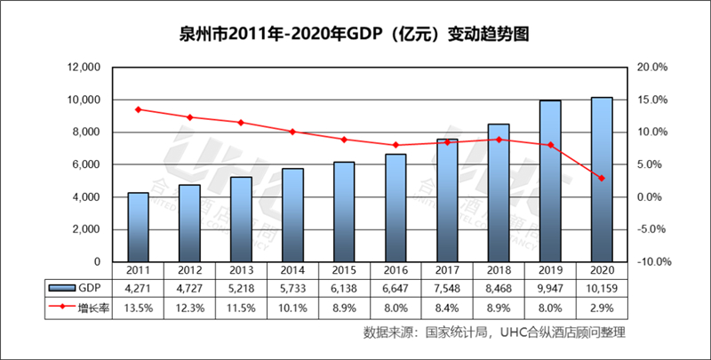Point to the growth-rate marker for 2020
pyautogui.click(x=601, y=179)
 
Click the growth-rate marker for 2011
pyautogui.click(x=138, y=109)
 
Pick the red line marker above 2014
pyautogui.click(x=292, y=132)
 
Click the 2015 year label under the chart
pyautogui.click(x=344, y=270)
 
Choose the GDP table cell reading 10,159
pyautogui.click(x=601, y=288)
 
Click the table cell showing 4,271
pyautogui.click(x=138, y=288)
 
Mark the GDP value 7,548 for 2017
pyautogui.click(x=447, y=288)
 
